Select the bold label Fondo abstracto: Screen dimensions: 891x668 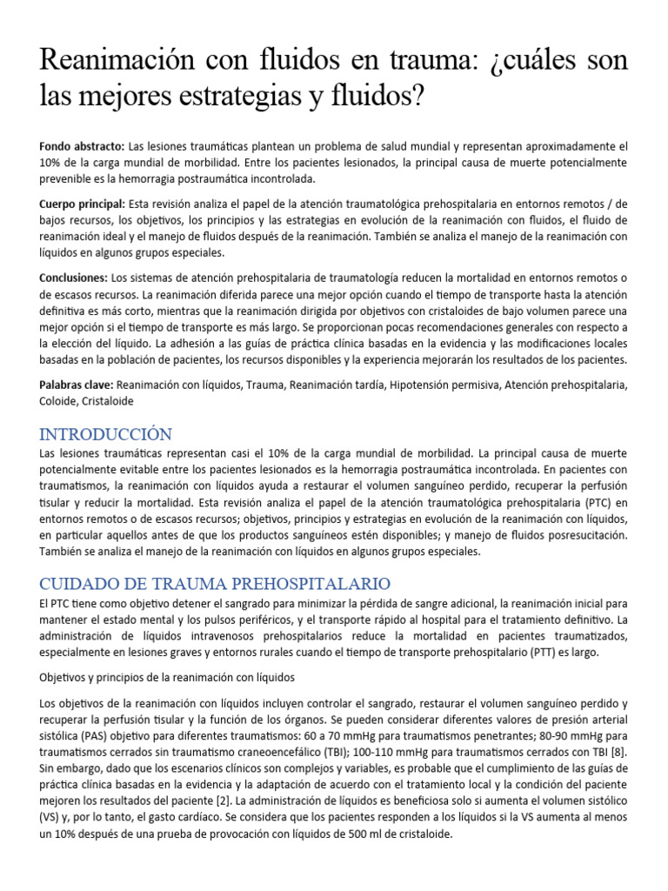click(82, 146)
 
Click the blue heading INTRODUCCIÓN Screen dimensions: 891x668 click(106, 433)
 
